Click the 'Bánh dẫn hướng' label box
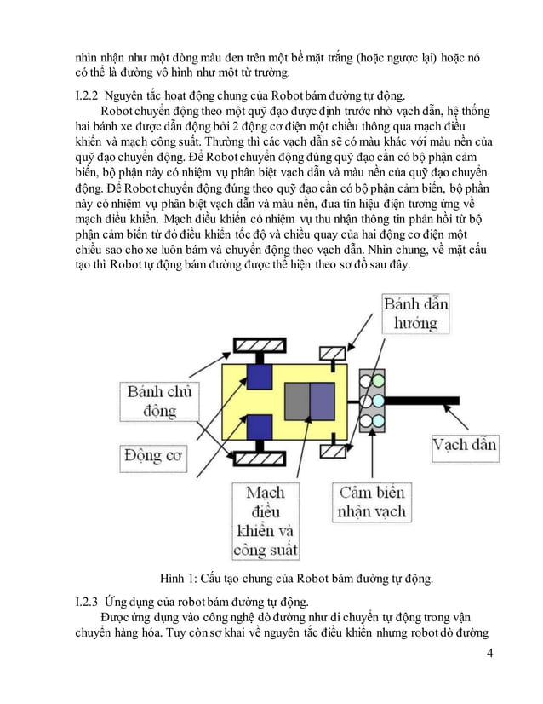417,314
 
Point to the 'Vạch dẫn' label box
465,445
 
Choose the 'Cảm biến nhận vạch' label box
372,503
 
